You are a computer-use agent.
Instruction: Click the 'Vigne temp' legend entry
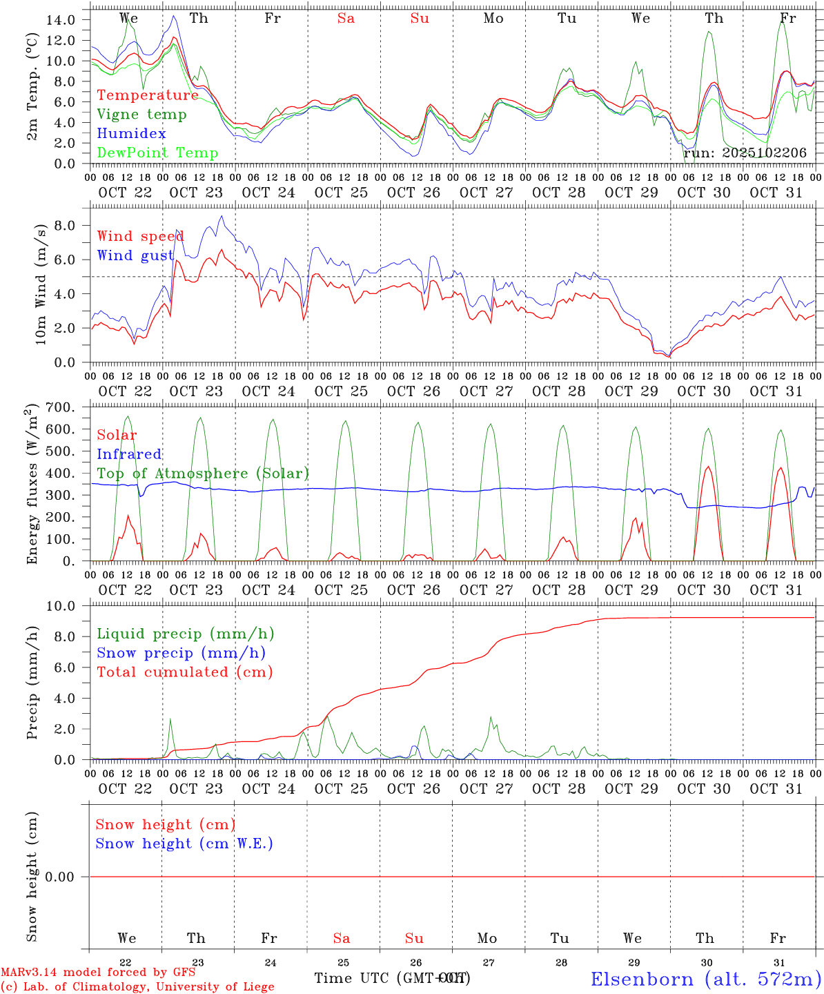tap(141, 115)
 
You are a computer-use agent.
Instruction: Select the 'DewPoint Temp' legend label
tap(157, 153)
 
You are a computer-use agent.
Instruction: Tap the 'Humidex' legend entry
tap(131, 134)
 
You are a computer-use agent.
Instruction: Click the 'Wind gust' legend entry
tap(135, 255)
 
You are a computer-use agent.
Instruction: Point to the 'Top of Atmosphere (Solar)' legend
tap(203, 474)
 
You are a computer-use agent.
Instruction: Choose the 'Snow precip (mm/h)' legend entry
tap(181, 653)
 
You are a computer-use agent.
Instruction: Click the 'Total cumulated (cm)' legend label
tap(184, 672)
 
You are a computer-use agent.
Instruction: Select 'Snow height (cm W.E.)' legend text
tap(184, 844)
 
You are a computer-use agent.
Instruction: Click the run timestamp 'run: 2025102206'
tap(745, 153)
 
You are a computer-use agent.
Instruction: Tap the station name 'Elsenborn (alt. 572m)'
tap(706, 979)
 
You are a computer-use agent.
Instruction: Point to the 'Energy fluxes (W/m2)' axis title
tap(32, 486)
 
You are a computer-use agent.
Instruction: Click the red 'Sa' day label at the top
tap(346, 19)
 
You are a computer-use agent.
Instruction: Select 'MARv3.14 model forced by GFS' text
tap(98, 973)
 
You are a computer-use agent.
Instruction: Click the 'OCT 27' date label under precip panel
tap(487, 788)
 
